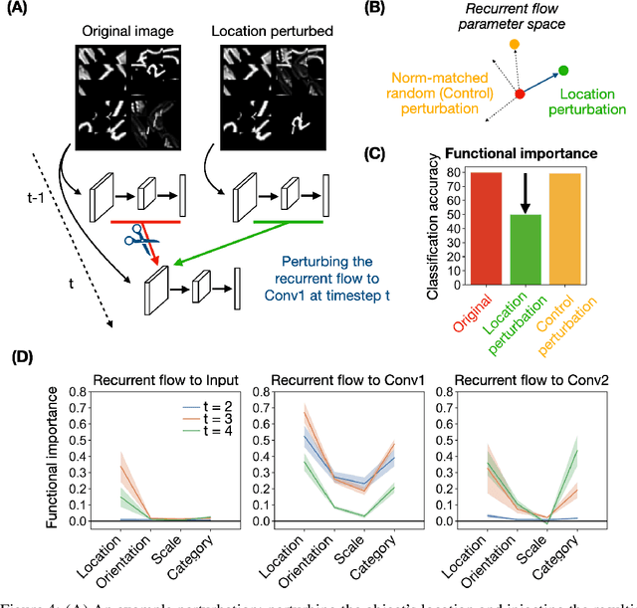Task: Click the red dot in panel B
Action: click(519, 94)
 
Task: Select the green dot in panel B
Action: click(563, 71)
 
